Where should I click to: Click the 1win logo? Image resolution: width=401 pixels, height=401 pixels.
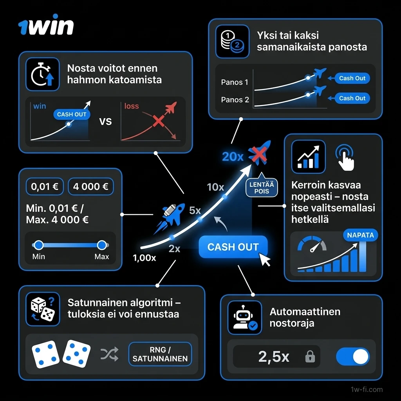(x=46, y=27)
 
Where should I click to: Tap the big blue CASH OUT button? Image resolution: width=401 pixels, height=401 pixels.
(x=233, y=247)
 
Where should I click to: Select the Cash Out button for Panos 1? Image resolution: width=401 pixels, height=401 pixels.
(x=352, y=78)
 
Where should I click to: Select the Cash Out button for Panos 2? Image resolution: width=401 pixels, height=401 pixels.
(x=352, y=98)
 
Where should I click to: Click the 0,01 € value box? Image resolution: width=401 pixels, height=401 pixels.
(x=45, y=187)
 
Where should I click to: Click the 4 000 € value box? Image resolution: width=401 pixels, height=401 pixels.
(x=90, y=187)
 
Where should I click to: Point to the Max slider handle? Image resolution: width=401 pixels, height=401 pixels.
(x=102, y=246)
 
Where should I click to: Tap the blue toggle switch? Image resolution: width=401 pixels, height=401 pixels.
(x=352, y=357)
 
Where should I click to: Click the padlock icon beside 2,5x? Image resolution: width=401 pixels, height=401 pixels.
(x=310, y=357)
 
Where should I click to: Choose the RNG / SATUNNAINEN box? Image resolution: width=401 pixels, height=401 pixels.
(x=160, y=354)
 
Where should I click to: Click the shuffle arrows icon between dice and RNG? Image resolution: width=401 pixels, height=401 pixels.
(x=109, y=354)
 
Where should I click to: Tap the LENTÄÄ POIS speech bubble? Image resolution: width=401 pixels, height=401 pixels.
(x=262, y=187)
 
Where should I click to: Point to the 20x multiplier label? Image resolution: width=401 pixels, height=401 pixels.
(x=233, y=157)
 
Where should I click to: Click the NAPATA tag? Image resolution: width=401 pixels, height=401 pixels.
(x=360, y=235)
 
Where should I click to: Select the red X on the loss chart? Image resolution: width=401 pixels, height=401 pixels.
(x=158, y=121)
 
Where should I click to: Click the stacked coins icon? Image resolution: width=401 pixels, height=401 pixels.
(x=232, y=42)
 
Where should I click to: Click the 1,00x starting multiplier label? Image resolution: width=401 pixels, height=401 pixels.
(x=144, y=258)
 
